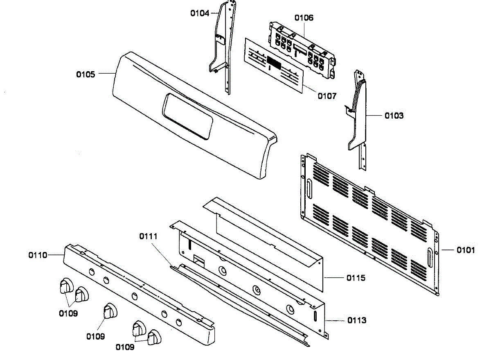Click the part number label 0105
pyautogui.click(x=86, y=74)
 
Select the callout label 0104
pyautogui.click(x=200, y=13)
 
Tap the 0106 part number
pyautogui.click(x=304, y=18)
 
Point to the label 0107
pyautogui.click(x=327, y=96)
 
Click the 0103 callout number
pyautogui.click(x=394, y=116)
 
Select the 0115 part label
pyautogui.click(x=356, y=278)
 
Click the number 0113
pyautogui.click(x=357, y=320)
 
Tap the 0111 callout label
pyautogui.click(x=148, y=236)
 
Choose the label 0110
pyautogui.click(x=38, y=255)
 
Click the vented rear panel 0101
pyautogui.click(x=368, y=221)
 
